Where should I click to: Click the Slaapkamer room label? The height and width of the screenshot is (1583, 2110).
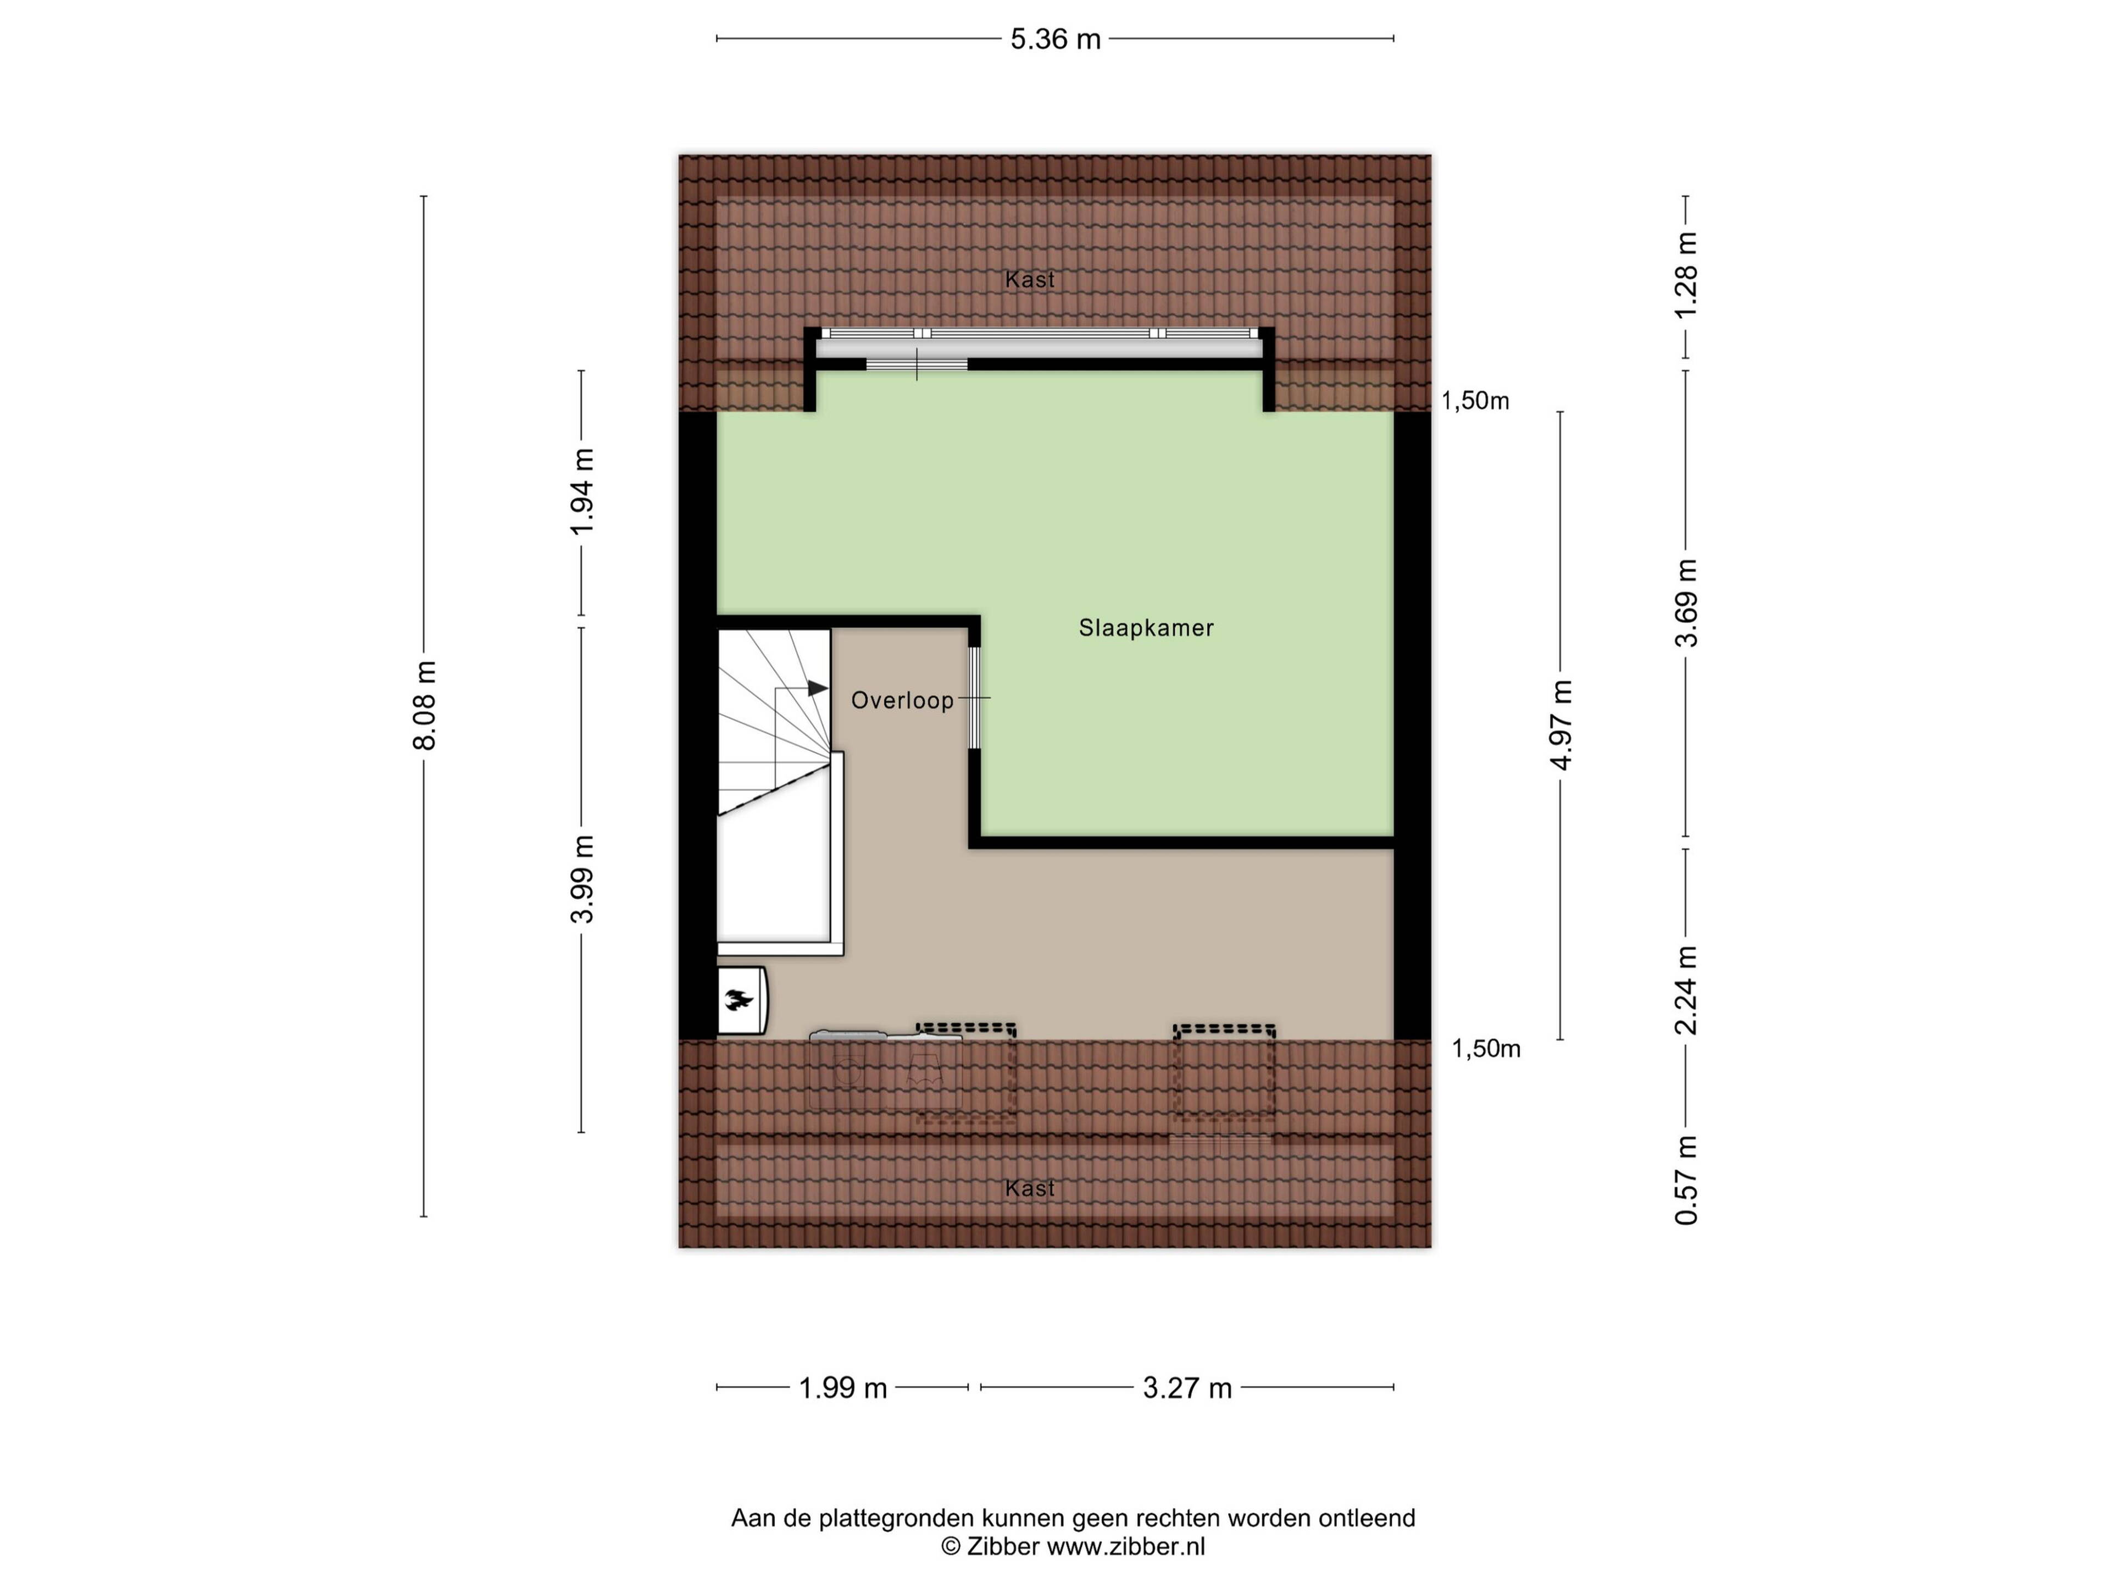pyautogui.click(x=1146, y=628)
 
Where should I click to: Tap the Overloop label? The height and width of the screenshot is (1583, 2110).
pyautogui.click(x=902, y=700)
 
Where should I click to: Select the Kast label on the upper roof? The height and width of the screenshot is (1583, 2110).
pyautogui.click(x=1030, y=280)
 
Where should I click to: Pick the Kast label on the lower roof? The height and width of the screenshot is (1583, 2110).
pyautogui.click(x=1030, y=1188)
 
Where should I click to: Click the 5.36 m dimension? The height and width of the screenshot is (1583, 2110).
pyautogui.click(x=1055, y=39)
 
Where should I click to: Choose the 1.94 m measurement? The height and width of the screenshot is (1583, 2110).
pyautogui.click(x=583, y=492)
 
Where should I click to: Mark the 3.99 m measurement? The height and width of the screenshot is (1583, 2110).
pyautogui.click(x=583, y=879)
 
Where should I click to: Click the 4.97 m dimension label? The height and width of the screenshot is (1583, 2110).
pyautogui.click(x=1562, y=725)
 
